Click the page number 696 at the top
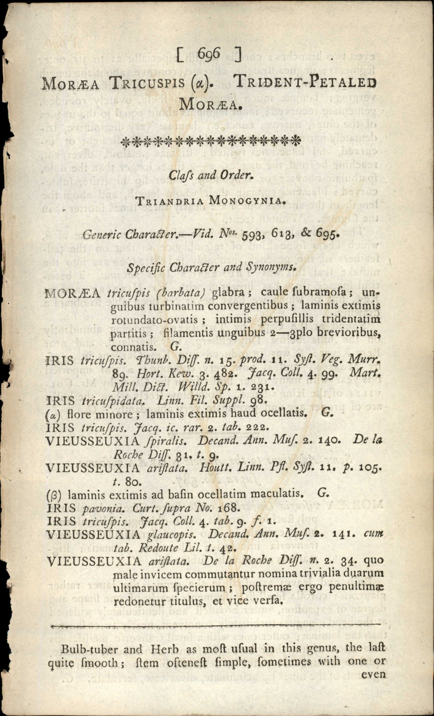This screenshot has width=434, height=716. pos(209,54)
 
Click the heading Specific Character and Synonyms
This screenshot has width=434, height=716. pos(212,267)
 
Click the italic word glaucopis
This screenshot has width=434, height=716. pos(172,535)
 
